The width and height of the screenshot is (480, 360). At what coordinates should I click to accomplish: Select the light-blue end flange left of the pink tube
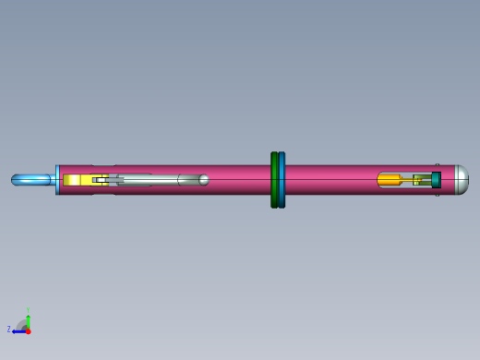tap(57, 180)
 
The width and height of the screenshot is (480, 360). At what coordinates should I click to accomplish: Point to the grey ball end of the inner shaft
tap(203, 179)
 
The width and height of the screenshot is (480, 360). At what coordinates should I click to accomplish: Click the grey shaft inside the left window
tap(152, 180)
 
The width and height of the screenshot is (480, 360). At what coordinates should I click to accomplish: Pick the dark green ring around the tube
tap(274, 180)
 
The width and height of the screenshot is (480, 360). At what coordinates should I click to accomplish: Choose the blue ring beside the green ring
tap(282, 180)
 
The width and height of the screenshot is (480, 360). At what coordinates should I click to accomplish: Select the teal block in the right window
tap(436, 180)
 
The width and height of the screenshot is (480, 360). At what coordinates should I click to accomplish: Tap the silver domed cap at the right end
tap(458, 180)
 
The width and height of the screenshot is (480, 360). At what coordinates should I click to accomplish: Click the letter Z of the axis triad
tap(9, 329)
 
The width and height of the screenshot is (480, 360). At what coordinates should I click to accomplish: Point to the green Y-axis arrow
tap(29, 320)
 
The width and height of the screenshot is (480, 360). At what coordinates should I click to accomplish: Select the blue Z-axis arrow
tap(19, 330)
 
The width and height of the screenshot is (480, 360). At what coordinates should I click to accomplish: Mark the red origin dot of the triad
tap(29, 330)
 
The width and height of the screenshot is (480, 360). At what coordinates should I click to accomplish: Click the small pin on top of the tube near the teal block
tap(438, 166)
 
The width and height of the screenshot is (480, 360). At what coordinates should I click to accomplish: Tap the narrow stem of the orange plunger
tap(409, 180)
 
